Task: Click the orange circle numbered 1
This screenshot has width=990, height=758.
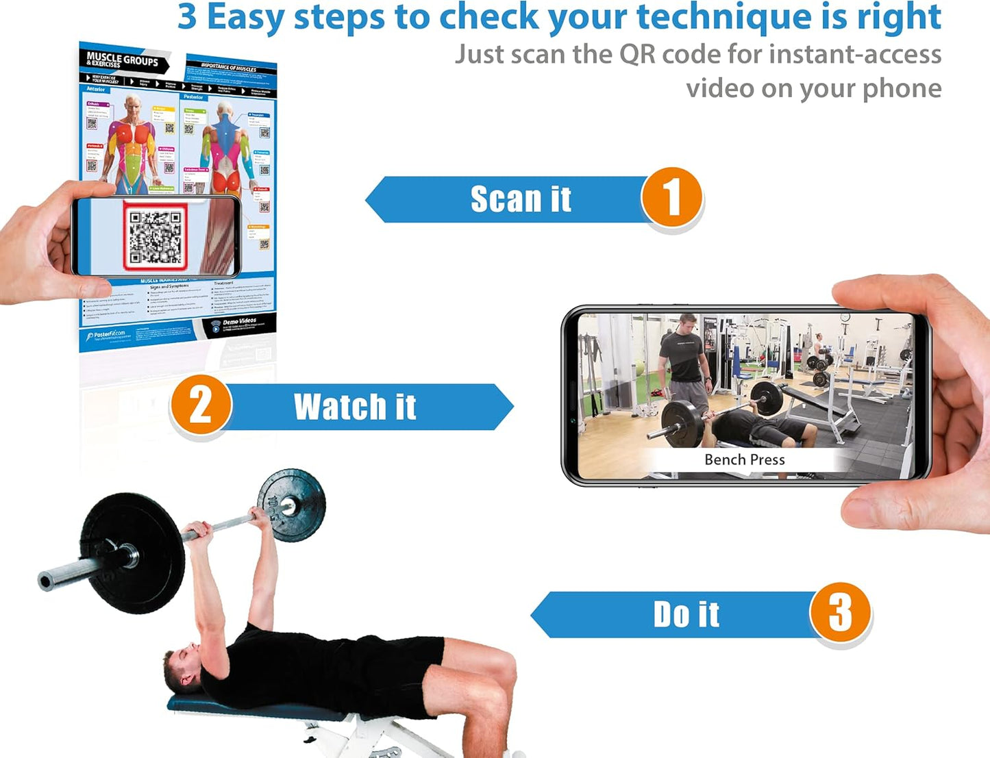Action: pyautogui.click(x=671, y=198)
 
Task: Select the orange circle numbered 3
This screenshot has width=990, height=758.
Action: pyautogui.click(x=840, y=612)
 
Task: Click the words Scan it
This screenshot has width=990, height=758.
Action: pyautogui.click(x=521, y=199)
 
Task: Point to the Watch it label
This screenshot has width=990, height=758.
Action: pyautogui.click(x=355, y=407)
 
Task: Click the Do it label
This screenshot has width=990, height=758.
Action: pyautogui.click(x=686, y=614)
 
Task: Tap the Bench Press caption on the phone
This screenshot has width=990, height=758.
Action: pyautogui.click(x=744, y=459)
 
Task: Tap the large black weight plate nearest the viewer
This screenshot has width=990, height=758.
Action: pyautogui.click(x=134, y=551)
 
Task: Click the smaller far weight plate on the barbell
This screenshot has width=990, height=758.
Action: pyautogui.click(x=291, y=505)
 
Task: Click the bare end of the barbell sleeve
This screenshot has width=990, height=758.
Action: pyautogui.click(x=48, y=581)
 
